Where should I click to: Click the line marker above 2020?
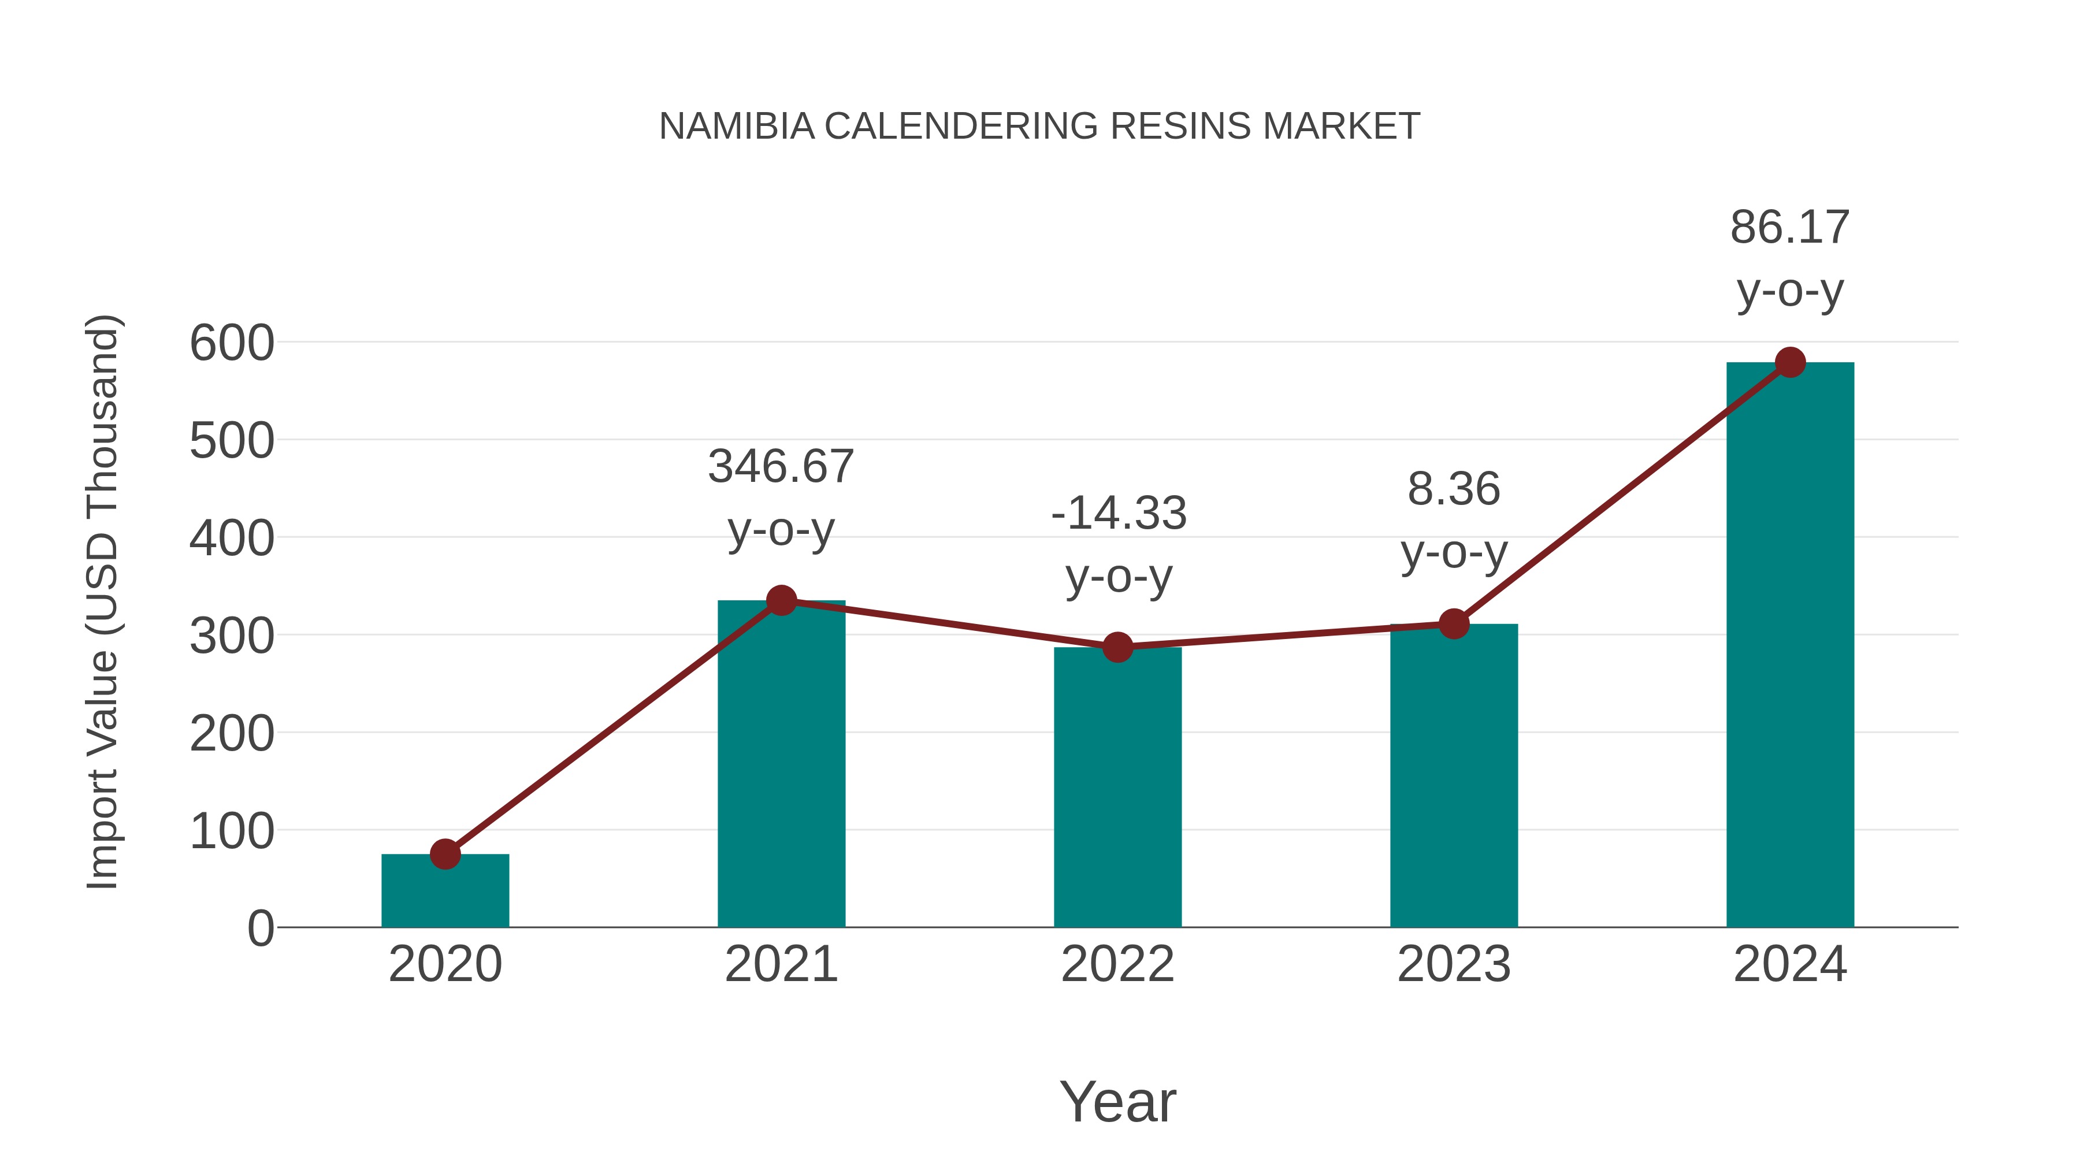445,853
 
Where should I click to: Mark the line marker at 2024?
1790,362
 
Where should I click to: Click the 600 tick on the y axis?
232,343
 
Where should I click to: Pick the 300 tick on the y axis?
232,636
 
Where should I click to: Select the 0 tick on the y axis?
260,928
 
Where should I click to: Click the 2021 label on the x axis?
781,964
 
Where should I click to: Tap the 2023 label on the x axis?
1454,964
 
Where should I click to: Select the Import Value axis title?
103,601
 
